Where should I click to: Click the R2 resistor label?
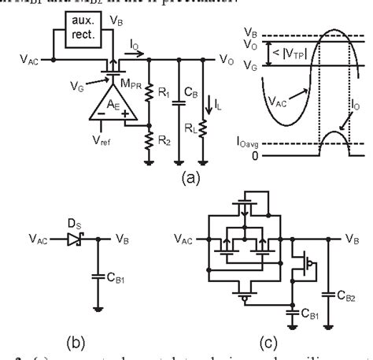163,141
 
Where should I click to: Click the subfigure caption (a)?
190,178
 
